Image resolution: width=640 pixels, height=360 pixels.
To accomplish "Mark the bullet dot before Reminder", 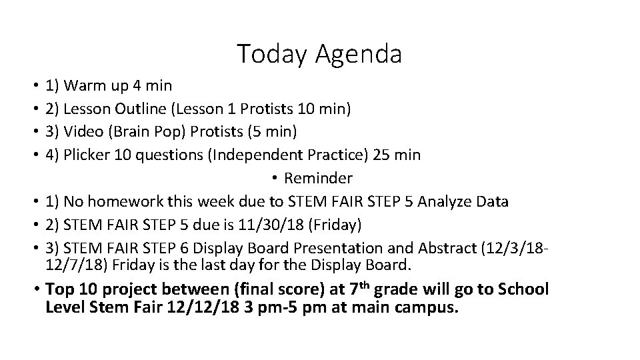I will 275,179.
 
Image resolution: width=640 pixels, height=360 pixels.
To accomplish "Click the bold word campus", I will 427,309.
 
